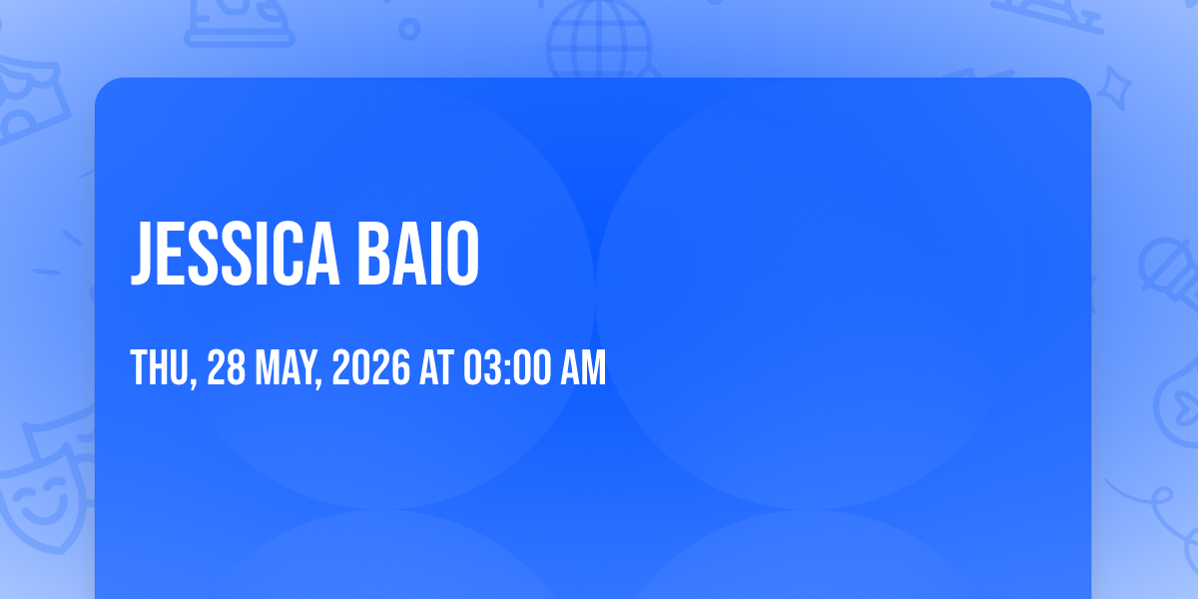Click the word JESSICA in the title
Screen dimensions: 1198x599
point(235,253)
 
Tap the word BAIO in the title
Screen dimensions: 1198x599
point(418,253)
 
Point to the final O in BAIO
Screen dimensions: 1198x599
point(463,253)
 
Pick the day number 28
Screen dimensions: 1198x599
point(226,367)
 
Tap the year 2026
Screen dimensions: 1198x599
point(371,367)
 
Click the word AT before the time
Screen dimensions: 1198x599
point(437,367)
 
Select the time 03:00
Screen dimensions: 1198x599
point(507,367)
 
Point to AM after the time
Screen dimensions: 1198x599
point(583,367)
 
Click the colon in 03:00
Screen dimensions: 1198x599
point(507,369)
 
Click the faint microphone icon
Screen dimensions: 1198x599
point(1169,273)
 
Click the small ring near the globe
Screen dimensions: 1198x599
point(409,29)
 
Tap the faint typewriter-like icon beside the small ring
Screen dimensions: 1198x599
point(239,22)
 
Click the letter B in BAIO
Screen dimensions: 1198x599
point(373,253)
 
